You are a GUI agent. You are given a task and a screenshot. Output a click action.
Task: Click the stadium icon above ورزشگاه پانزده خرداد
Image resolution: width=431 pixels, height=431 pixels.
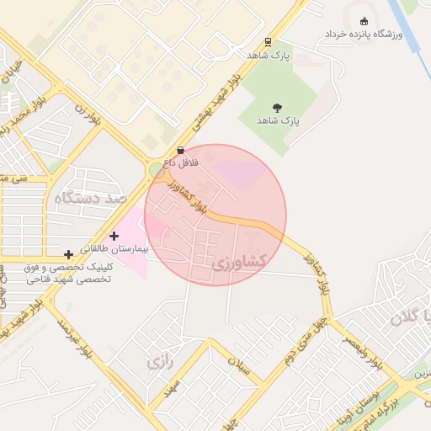[364, 21]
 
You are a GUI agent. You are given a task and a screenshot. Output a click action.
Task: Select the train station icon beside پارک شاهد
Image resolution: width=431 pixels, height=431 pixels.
[268, 40]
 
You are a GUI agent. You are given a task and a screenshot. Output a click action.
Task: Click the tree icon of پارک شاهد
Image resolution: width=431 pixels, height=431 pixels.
[277, 107]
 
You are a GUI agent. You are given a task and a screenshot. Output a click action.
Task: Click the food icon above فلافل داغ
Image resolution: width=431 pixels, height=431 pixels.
[180, 150]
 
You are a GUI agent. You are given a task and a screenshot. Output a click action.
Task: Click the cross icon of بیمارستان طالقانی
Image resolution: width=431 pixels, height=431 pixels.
[114, 237]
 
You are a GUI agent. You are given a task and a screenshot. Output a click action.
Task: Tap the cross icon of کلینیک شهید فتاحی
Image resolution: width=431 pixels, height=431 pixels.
[68, 253]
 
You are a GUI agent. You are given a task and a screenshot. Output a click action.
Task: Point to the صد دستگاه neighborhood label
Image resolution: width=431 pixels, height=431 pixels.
[89, 199]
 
